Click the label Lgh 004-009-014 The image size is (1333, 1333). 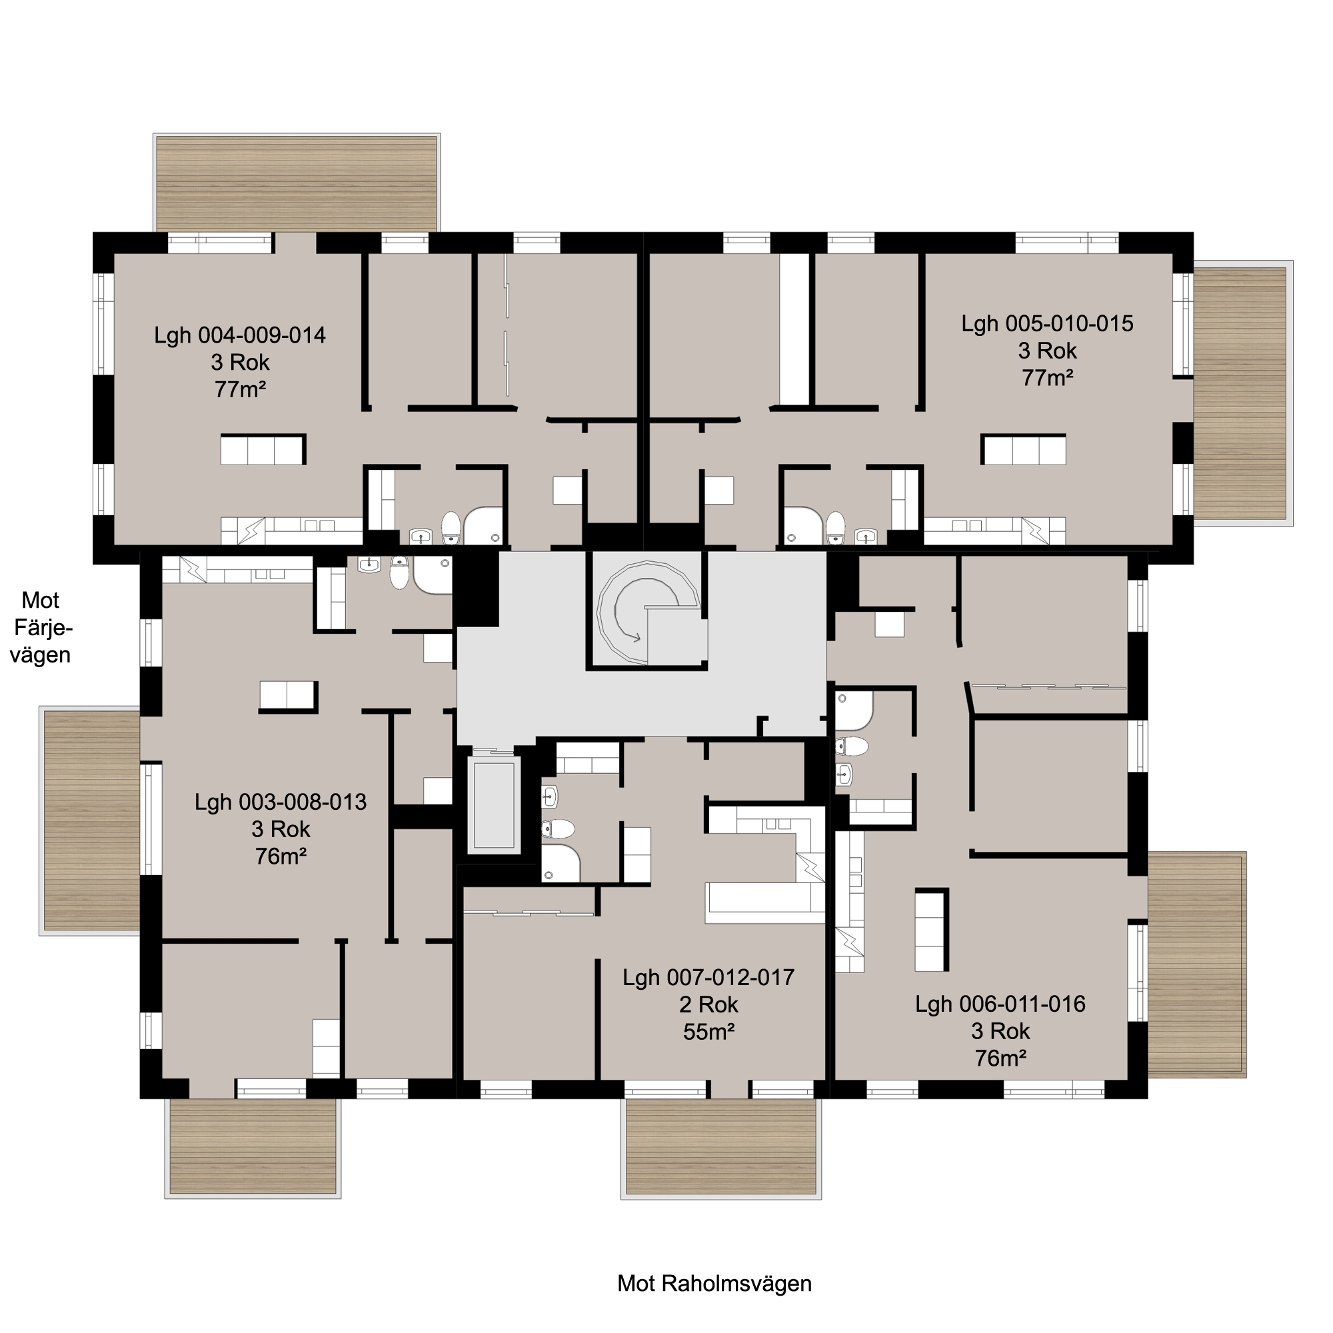coord(239,335)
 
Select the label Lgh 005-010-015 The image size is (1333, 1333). coord(1046,324)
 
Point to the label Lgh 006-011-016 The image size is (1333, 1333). coord(1000,1003)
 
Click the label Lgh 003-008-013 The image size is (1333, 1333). coord(280,802)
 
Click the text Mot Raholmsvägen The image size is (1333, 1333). coord(714,1283)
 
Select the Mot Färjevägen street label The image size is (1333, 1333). coord(41,628)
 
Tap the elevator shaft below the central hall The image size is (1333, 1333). coord(494,804)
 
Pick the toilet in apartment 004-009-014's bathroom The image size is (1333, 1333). coord(451,528)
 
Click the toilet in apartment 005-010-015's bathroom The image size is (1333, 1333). coord(836,528)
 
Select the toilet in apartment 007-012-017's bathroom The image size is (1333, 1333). coord(557,828)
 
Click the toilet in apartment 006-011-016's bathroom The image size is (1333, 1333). coord(851,746)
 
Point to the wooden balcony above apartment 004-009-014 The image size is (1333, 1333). coord(297,183)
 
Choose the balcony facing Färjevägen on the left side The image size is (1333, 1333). coord(91,820)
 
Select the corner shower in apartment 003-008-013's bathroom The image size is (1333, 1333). coord(433,575)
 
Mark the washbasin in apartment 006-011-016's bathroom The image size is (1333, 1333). coord(844,775)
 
